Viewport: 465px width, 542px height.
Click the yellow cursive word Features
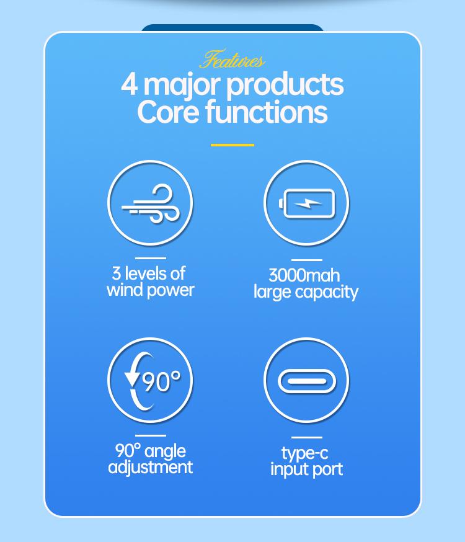point(232,60)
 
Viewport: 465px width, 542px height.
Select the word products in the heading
point(285,85)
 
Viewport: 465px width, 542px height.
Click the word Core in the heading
point(168,112)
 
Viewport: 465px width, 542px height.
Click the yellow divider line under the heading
point(232,145)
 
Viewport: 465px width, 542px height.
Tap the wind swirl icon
point(151,204)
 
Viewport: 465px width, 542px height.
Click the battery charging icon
point(307,204)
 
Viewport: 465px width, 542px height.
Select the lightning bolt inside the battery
point(307,204)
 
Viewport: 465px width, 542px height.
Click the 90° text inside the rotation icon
point(162,381)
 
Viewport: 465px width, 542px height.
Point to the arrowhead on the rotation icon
point(131,379)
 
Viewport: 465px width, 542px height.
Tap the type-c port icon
point(307,381)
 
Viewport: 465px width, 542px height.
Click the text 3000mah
point(304,275)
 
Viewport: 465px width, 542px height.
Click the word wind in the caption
point(123,290)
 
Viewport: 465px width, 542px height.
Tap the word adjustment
point(150,468)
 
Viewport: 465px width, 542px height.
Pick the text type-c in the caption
point(304,453)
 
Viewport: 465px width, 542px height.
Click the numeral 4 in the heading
point(130,85)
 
